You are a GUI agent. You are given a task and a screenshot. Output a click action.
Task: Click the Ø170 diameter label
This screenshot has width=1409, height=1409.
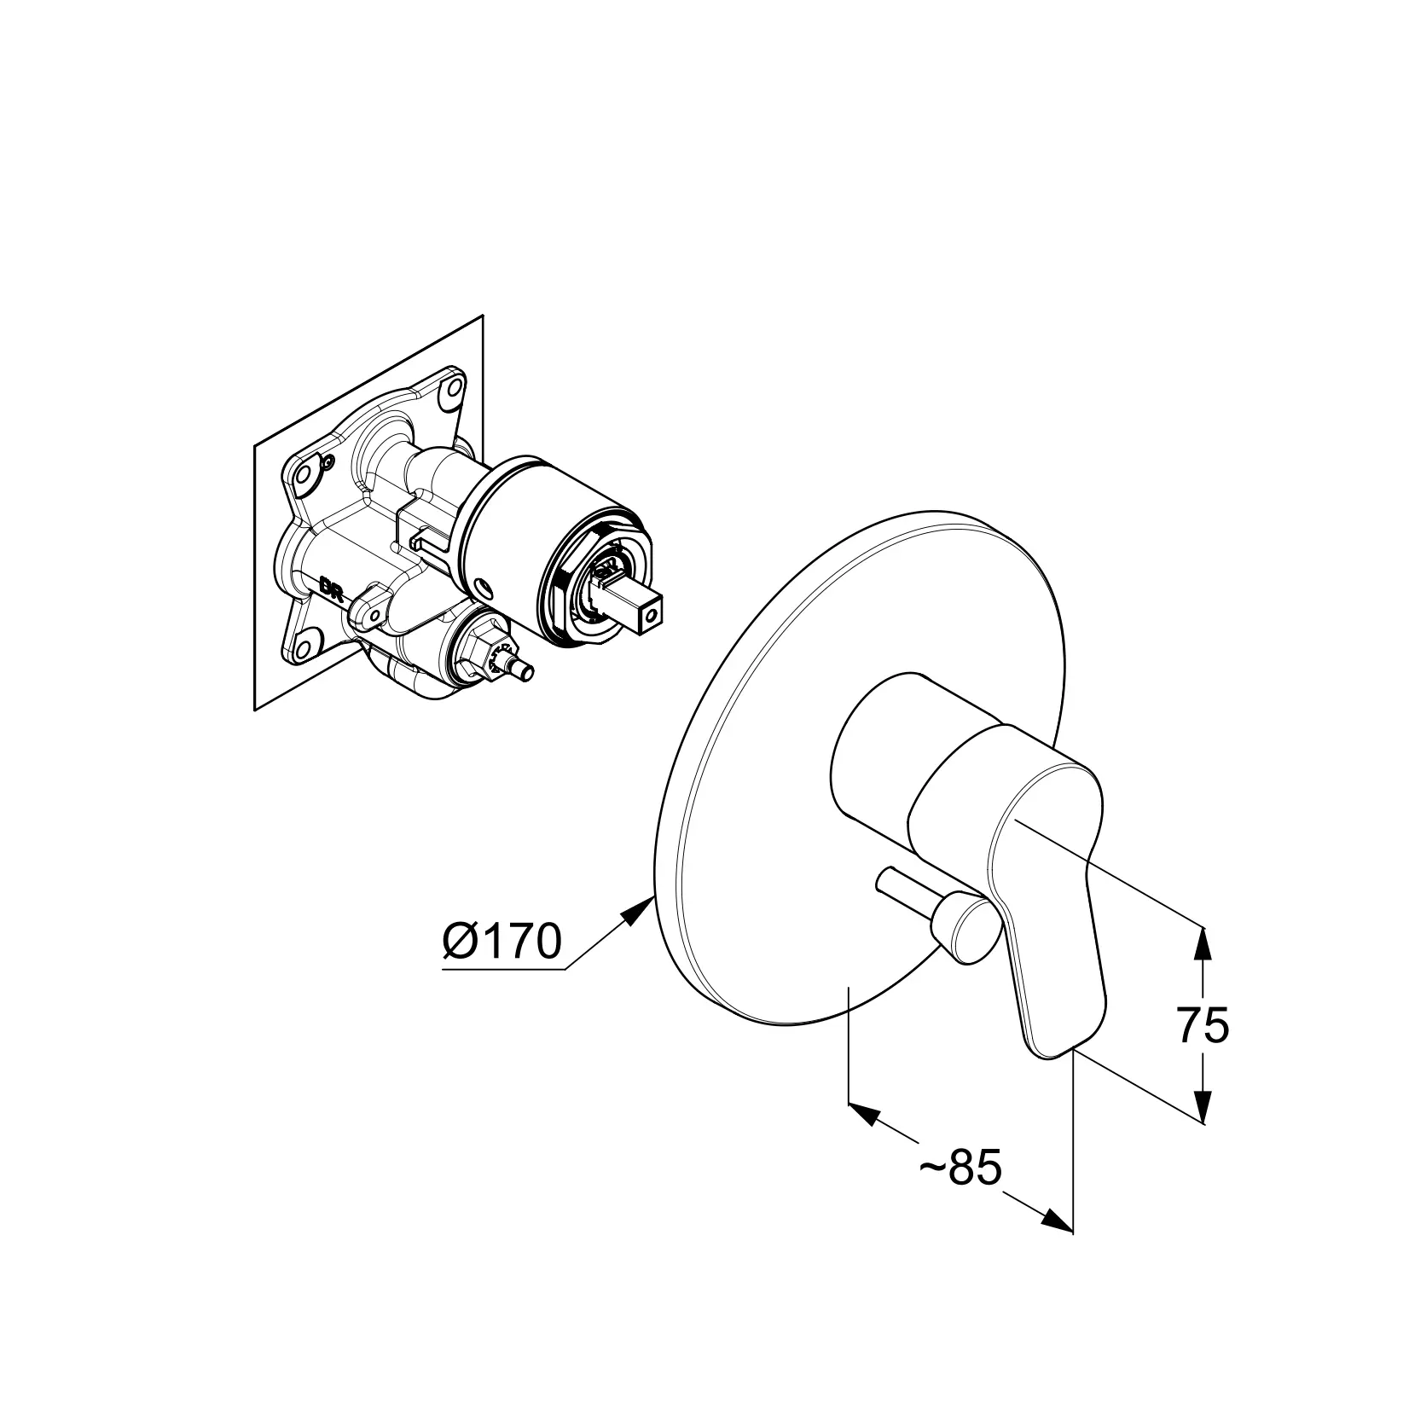click(502, 942)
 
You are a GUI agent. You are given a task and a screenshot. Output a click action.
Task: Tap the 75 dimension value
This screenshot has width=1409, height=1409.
click(1203, 1025)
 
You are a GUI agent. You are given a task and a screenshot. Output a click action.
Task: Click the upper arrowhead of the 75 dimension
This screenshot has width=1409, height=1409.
click(1201, 942)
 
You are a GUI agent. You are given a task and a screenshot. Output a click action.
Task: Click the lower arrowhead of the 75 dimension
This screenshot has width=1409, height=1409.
click(1201, 1105)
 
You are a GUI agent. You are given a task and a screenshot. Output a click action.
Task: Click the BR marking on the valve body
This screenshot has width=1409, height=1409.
click(331, 588)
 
